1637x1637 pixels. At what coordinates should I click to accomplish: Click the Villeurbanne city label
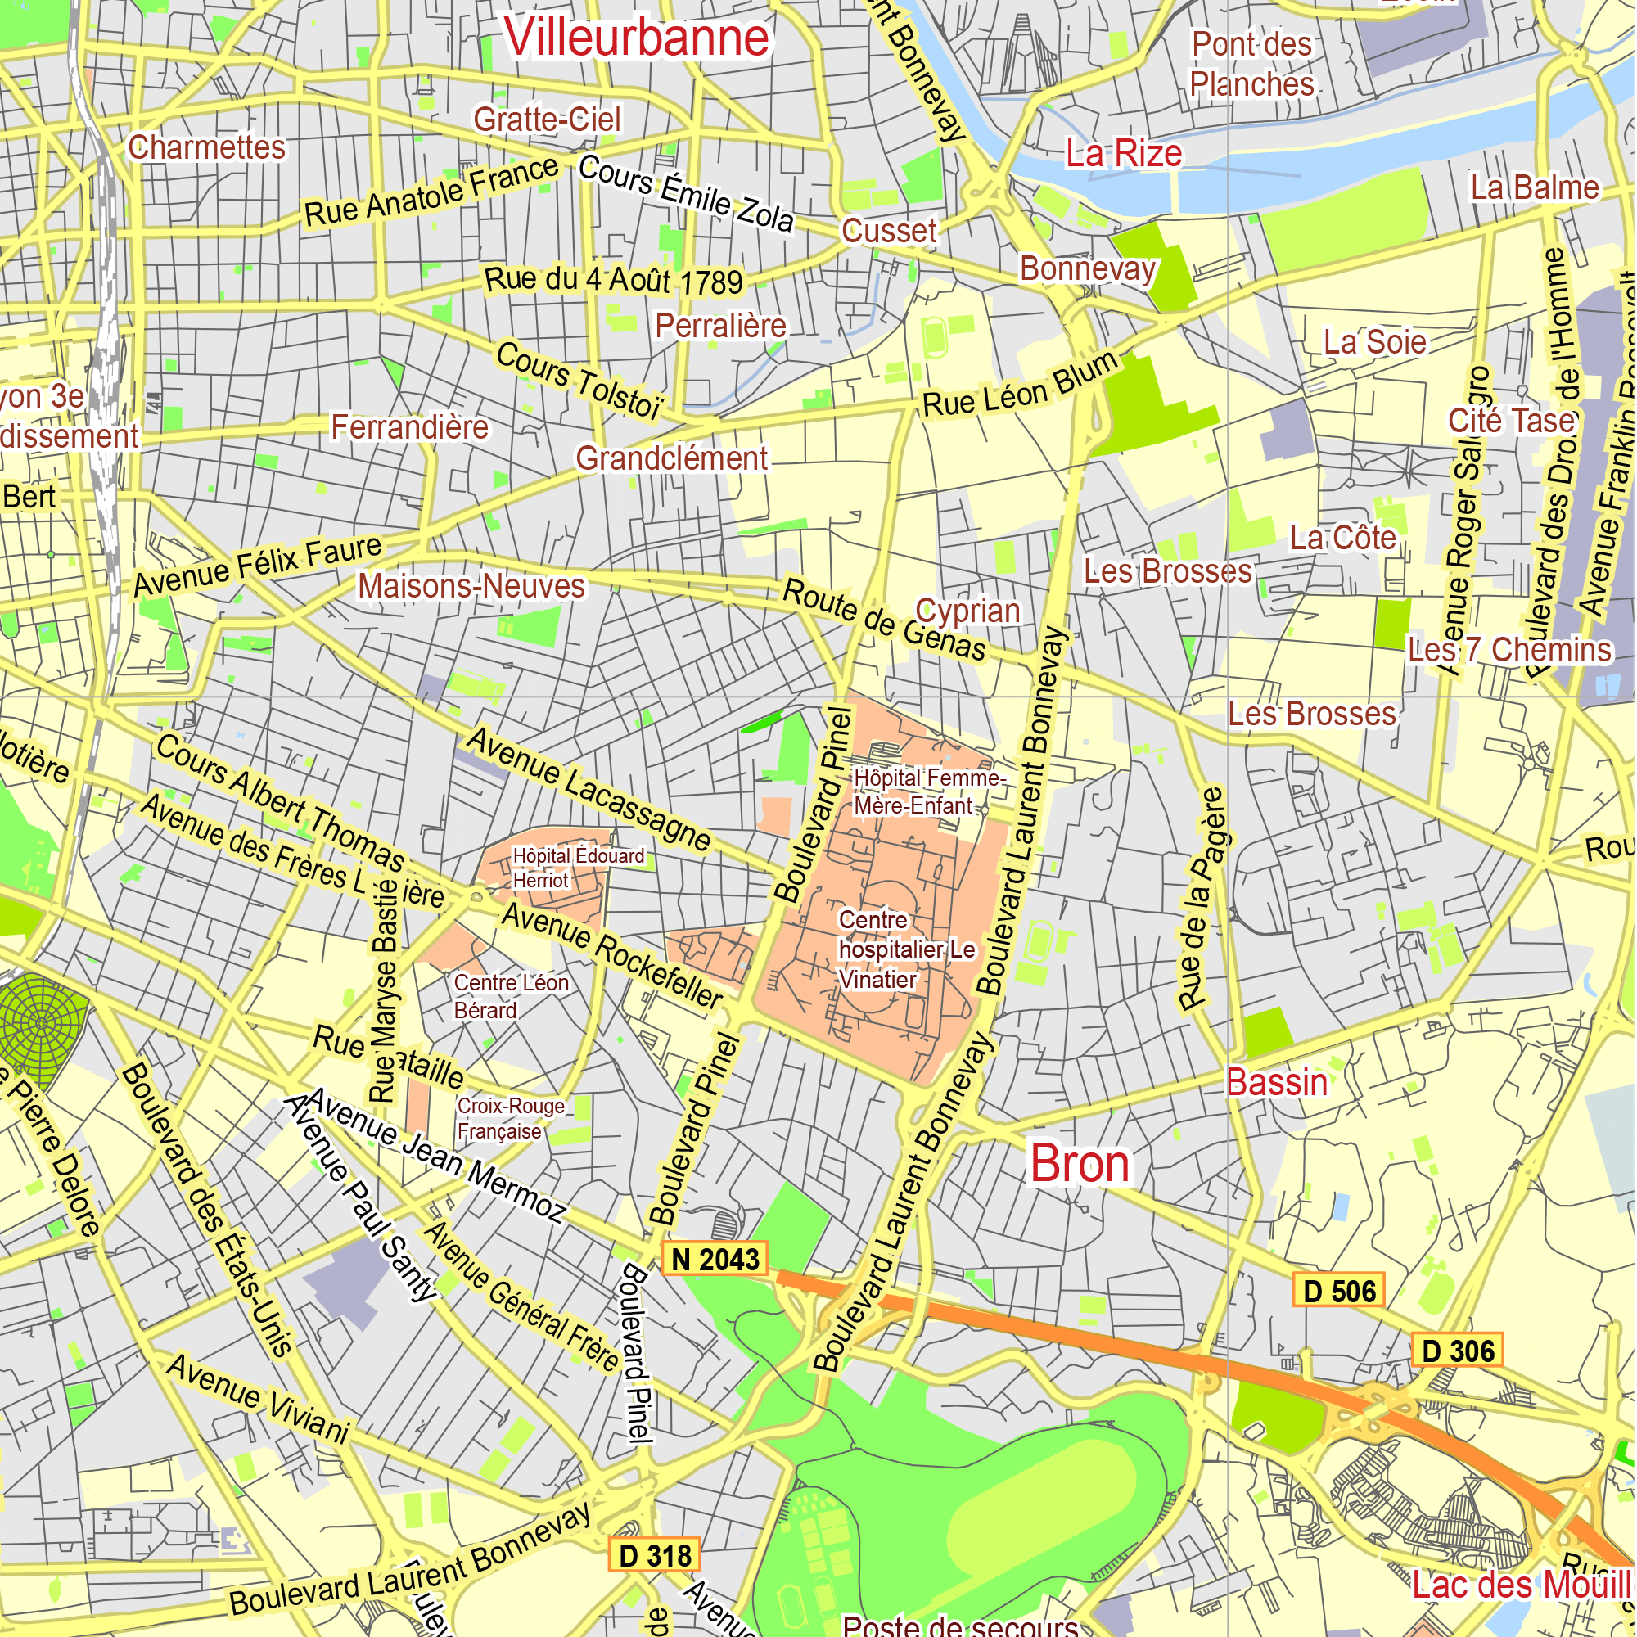click(636, 38)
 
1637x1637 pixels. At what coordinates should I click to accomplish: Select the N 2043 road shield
click(715, 1260)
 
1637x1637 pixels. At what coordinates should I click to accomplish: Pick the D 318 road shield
click(655, 1556)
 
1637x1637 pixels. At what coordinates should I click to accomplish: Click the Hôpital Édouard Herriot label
click(578, 868)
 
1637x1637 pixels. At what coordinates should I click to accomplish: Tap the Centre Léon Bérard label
click(510, 996)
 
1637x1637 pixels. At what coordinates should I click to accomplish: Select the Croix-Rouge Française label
click(510, 1118)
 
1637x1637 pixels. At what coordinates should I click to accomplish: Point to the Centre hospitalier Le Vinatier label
click(905, 949)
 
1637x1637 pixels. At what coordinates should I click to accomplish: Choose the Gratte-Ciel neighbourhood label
click(547, 120)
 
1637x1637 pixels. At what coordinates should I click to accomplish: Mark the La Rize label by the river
click(1124, 153)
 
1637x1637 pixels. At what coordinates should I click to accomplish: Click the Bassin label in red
click(1277, 1083)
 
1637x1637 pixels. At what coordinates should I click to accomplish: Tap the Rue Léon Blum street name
click(1020, 386)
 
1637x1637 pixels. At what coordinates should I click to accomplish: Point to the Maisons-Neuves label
click(471, 586)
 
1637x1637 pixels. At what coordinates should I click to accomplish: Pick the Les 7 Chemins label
click(1509, 650)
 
